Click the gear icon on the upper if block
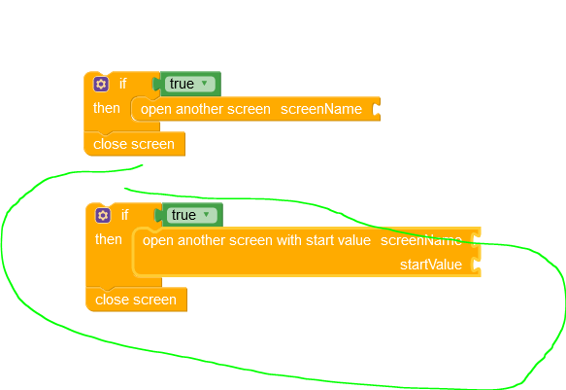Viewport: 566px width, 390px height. [x=101, y=84]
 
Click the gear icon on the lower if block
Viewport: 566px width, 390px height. [x=103, y=215]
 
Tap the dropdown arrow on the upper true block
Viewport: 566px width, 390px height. [x=204, y=83]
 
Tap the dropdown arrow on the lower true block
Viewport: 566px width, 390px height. [x=206, y=214]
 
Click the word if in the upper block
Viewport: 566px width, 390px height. [x=122, y=84]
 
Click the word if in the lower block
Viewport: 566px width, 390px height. [x=125, y=215]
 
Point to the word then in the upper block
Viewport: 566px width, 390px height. [x=107, y=108]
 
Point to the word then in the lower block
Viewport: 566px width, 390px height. [x=109, y=239]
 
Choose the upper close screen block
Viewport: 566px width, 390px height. [x=134, y=144]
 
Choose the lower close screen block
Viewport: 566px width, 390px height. [x=136, y=300]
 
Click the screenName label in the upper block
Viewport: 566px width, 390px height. [x=321, y=109]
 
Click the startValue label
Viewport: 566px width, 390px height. [x=431, y=265]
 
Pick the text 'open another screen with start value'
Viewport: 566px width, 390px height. [x=256, y=240]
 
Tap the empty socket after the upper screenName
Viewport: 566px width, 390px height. [x=377, y=109]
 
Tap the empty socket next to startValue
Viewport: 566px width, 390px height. [x=477, y=265]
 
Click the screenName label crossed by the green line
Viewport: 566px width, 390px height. [x=421, y=240]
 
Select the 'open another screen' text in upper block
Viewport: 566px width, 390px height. [x=206, y=109]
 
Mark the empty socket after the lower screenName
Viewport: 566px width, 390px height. [x=477, y=240]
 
